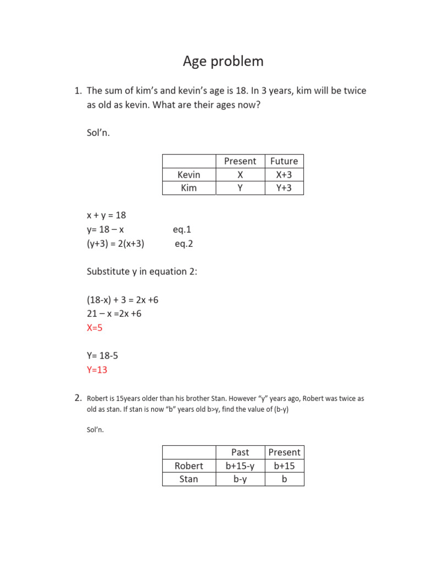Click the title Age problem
223,61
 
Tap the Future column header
284,161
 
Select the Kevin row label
188,175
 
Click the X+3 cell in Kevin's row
284,175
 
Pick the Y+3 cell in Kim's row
284,188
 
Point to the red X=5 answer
95,328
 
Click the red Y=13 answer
97,370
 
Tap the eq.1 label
182,230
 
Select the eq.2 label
184,244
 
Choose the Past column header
240,452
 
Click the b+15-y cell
240,466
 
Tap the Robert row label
188,466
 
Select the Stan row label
188,479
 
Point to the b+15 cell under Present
284,466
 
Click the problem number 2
78,398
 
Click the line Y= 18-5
102,356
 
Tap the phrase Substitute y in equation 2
142,272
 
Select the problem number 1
78,91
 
